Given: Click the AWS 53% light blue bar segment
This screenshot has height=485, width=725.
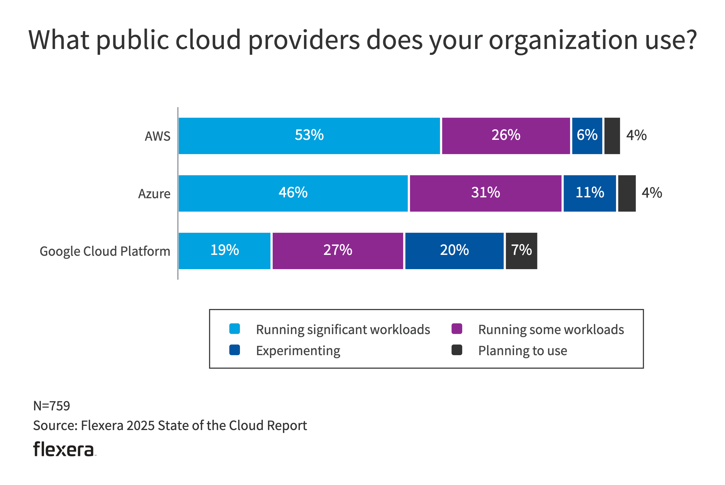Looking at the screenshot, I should [x=309, y=136].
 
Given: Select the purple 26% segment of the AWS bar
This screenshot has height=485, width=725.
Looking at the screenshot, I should [x=506, y=136].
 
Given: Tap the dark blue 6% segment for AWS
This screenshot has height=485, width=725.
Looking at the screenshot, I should [x=587, y=136].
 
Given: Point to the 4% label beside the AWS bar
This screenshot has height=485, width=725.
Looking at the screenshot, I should [x=636, y=136].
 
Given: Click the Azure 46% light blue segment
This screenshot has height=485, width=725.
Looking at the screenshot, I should [x=293, y=193].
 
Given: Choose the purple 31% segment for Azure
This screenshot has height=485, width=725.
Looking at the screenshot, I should [x=485, y=193].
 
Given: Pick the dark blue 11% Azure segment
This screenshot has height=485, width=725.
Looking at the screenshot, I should [x=590, y=193].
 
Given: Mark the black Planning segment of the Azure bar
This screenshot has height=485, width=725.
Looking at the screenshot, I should [x=627, y=193].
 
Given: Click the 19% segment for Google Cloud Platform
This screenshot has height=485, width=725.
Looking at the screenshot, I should [x=225, y=251].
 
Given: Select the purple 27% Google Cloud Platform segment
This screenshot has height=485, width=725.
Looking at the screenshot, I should [x=338, y=251].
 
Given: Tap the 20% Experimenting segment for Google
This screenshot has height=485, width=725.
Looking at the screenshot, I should [x=454, y=251].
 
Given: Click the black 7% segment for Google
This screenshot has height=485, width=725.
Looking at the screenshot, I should [x=521, y=251].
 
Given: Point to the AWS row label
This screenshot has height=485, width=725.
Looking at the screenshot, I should [x=158, y=136].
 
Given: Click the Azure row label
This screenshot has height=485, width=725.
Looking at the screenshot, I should [x=154, y=194].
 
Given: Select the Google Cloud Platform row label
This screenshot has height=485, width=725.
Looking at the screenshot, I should [x=105, y=251].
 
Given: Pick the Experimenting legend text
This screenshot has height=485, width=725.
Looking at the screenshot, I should [x=298, y=351].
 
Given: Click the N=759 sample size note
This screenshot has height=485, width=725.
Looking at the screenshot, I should [x=52, y=406].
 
